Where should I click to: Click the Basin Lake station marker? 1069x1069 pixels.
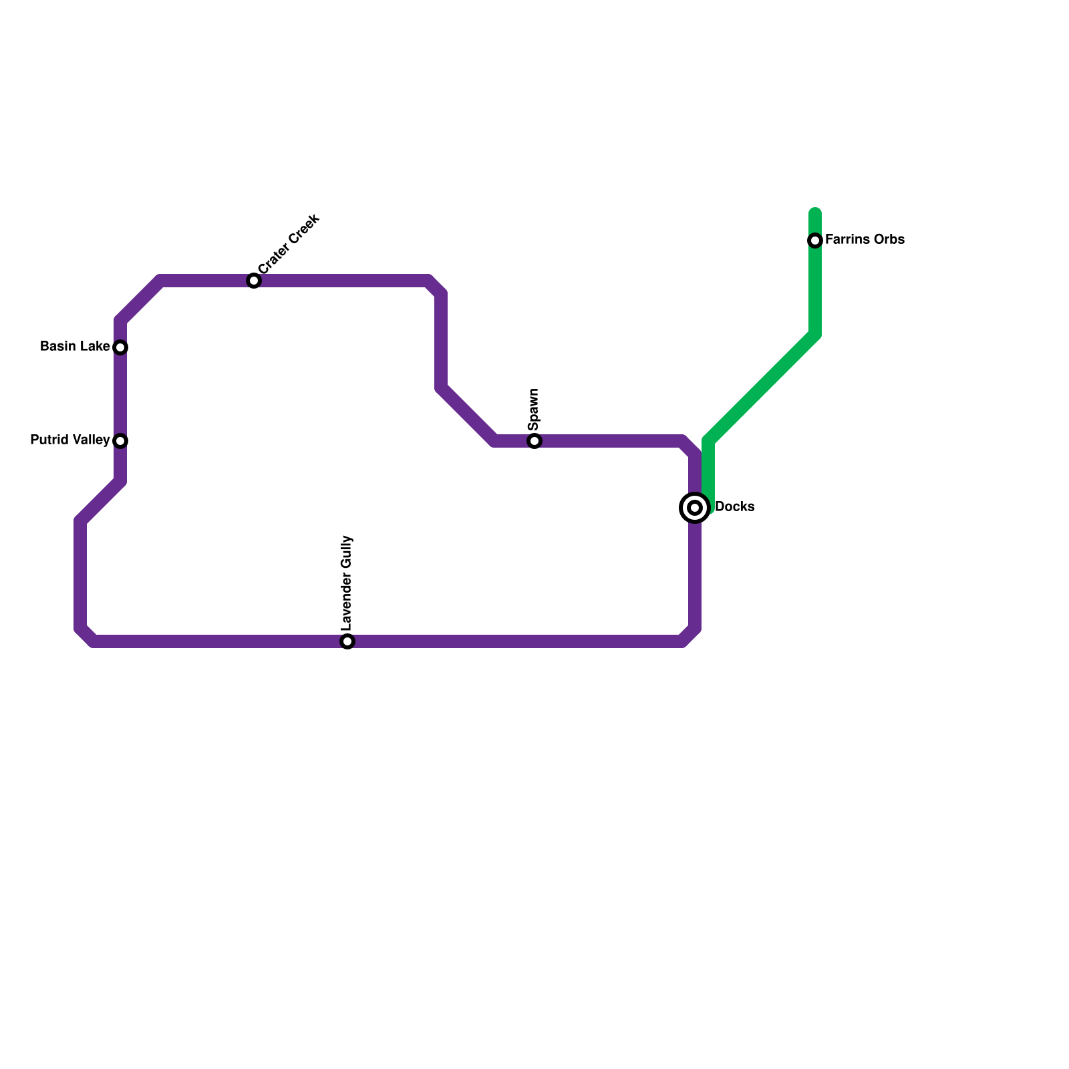tap(120, 347)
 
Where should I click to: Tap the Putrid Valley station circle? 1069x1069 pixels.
tap(120, 441)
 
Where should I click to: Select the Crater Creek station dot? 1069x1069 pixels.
tap(254, 281)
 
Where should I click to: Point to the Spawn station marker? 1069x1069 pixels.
tap(534, 441)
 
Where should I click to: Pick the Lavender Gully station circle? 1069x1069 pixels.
tap(347, 641)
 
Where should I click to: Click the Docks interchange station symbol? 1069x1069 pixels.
tap(695, 508)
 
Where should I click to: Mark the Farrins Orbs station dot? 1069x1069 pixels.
tap(815, 241)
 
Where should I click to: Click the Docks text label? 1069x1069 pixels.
tap(734, 507)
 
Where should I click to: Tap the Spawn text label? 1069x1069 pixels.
tap(533, 410)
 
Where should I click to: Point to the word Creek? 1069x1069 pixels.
tap(304, 231)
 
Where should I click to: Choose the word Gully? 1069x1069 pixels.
tap(346, 553)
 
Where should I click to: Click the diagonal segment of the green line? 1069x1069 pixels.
tap(762, 388)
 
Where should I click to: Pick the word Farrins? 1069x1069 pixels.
tap(846, 240)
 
